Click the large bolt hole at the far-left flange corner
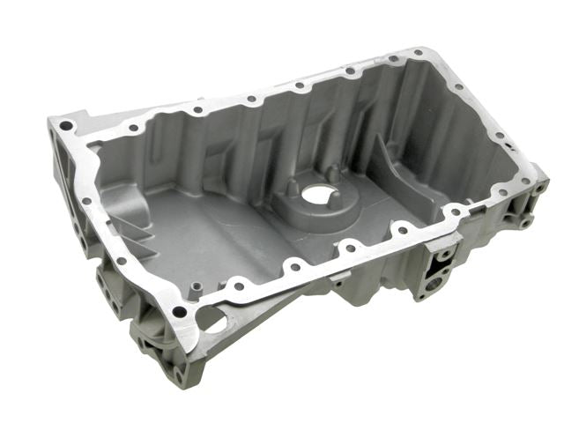66,126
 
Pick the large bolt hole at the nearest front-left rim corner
180,311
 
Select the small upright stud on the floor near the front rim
196,287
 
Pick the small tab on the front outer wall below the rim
337,284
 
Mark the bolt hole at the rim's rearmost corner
418,55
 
